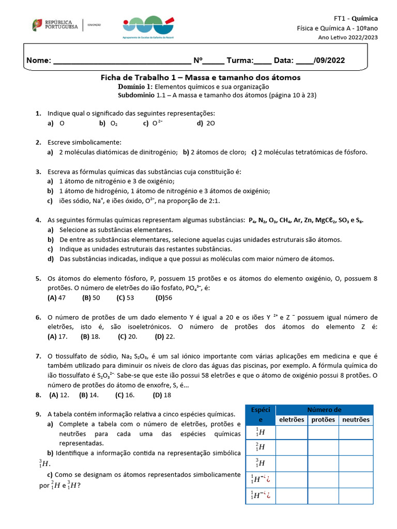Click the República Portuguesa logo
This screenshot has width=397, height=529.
[x=55, y=25]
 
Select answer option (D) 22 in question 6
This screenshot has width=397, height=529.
[x=165, y=336]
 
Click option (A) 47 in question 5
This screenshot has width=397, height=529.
[x=56, y=298]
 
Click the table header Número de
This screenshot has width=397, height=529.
[x=324, y=410]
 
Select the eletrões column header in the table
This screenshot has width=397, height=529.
[x=292, y=419]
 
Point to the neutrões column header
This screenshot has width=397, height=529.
[x=356, y=419]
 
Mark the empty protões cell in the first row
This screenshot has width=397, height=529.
[x=324, y=432]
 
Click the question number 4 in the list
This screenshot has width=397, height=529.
[x=38, y=220]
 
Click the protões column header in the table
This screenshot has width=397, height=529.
[x=324, y=419]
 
